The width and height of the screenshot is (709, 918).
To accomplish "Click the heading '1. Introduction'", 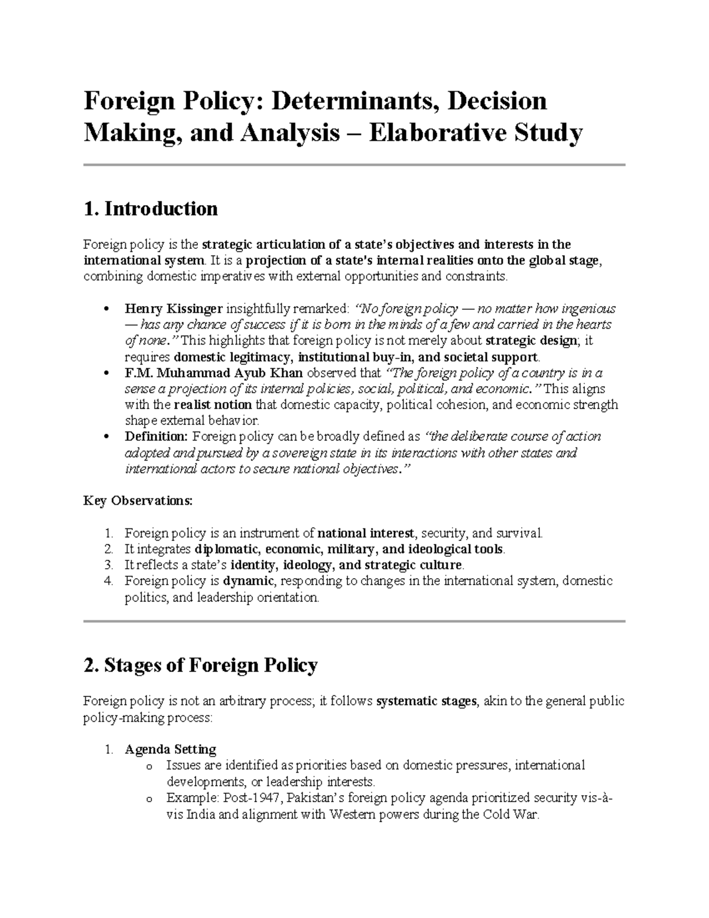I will [x=151, y=209].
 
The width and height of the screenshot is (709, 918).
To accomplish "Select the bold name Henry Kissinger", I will [x=174, y=309].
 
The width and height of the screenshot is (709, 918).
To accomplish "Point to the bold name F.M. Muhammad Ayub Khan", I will [x=214, y=373].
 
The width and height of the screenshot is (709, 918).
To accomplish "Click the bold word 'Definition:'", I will [x=155, y=437].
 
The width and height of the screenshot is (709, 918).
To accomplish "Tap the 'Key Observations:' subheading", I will [x=138, y=501].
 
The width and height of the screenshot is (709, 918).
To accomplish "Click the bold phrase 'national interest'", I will [x=366, y=533].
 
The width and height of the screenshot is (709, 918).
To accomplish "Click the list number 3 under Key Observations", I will [x=108, y=565].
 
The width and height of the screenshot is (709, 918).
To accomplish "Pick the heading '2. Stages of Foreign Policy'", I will [x=201, y=666].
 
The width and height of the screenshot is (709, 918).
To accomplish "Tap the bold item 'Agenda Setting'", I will [x=170, y=750].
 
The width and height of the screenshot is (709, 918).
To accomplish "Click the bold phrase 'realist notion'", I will [x=213, y=405].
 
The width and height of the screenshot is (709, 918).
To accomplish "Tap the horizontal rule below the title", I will [x=354, y=165].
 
